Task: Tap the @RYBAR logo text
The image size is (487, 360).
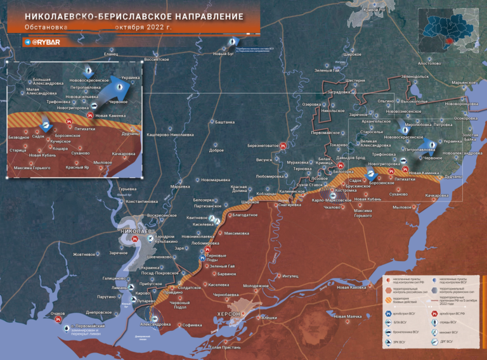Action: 45,42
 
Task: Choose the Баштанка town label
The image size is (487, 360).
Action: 224,122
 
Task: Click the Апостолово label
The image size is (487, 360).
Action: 429,63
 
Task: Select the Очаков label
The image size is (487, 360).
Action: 58,313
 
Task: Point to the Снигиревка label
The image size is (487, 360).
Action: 289,205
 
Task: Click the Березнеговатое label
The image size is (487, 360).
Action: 263,145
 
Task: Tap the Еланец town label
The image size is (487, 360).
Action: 111,54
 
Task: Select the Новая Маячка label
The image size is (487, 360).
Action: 348,316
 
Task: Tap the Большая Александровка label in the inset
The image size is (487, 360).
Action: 48,82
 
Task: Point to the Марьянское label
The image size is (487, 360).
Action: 464,82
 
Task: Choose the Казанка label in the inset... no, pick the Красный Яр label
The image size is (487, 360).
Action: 77,167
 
